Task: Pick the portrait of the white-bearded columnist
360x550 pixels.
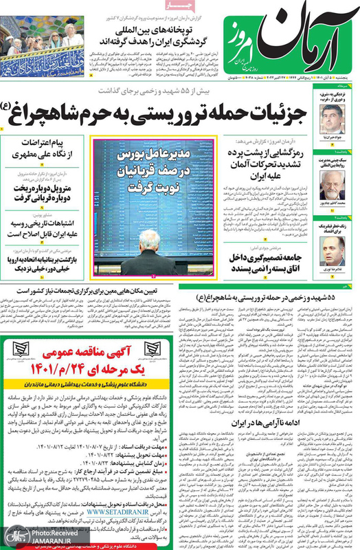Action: tap(332, 186)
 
